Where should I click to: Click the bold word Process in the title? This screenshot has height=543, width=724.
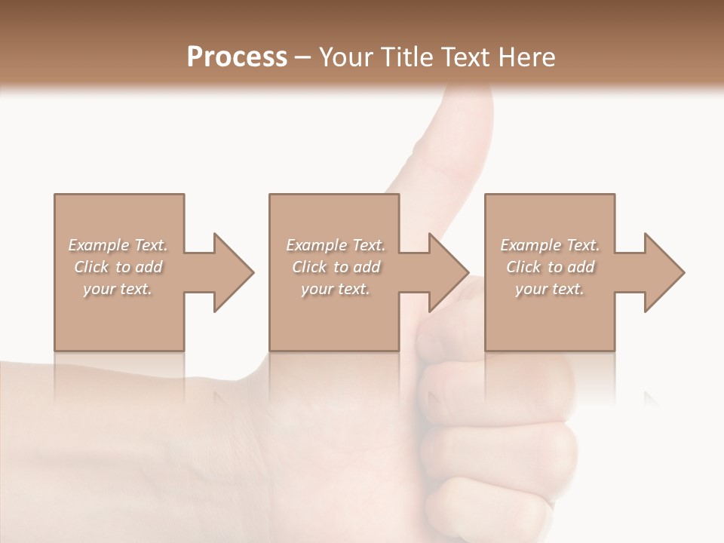(237, 57)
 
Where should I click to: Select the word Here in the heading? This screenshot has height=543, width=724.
(528, 57)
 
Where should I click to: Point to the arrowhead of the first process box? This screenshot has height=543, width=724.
(234, 272)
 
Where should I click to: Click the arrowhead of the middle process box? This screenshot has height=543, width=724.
(449, 272)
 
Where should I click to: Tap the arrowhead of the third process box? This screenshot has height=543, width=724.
(664, 272)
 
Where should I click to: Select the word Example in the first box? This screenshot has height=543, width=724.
(99, 245)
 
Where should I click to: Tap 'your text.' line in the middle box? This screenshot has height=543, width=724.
(335, 289)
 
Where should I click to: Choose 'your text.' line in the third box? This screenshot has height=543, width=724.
(549, 289)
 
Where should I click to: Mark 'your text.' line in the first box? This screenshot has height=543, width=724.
(117, 289)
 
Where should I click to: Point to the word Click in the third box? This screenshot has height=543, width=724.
(524, 267)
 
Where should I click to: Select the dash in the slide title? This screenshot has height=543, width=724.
(303, 58)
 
